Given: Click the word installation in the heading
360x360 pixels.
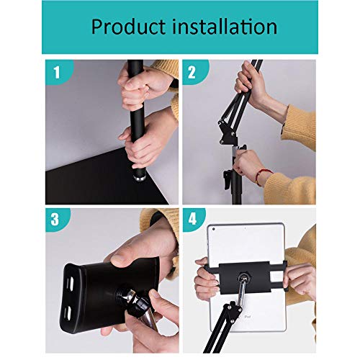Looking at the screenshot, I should pyautogui.click(x=225, y=27).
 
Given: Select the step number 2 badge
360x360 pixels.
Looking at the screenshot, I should pyautogui.click(x=192, y=73).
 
